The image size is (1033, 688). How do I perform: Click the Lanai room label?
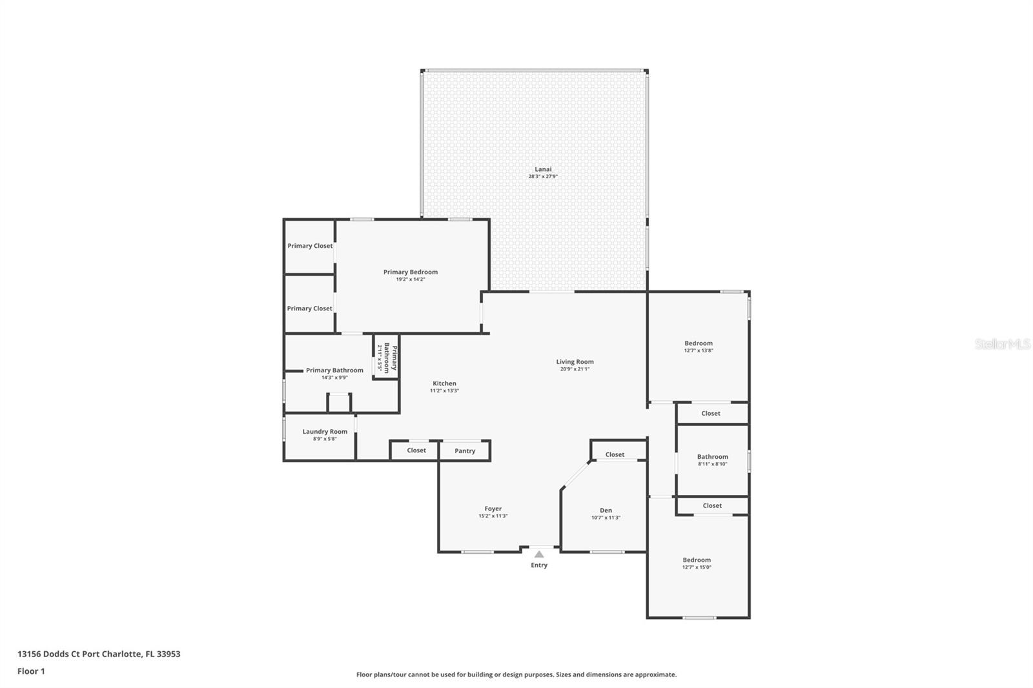543,169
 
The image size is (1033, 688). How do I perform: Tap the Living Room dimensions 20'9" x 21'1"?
575,369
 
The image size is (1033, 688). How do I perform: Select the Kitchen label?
444,383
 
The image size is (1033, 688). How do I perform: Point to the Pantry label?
464,451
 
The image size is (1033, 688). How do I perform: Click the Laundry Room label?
325,432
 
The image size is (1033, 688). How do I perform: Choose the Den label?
606,511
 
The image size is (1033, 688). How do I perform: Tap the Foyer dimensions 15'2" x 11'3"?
493,516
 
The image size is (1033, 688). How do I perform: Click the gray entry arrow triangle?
538,554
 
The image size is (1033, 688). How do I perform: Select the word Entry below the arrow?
538,565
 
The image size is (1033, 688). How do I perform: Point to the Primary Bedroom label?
411,272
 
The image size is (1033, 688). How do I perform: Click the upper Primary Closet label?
310,246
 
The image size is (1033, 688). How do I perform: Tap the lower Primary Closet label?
309,309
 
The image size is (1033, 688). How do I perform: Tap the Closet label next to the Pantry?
416,450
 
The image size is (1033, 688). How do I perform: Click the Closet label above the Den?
614,454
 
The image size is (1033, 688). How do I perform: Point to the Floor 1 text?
31,671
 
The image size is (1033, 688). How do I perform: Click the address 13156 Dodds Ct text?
99,654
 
